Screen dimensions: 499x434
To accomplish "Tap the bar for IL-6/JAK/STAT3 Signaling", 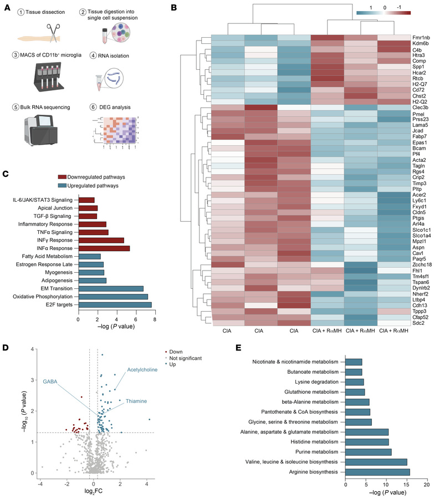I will click(86, 200).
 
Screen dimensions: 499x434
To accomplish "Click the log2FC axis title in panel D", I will click(93, 491).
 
